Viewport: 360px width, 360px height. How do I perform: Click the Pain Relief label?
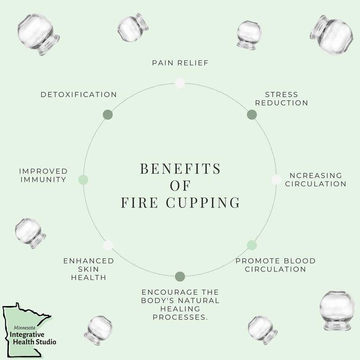[180, 62]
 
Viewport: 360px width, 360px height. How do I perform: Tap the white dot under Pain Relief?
[180, 82]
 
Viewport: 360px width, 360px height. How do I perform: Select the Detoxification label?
[78, 94]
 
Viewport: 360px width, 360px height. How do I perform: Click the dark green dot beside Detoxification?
[108, 114]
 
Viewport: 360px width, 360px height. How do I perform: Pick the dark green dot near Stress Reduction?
[252, 114]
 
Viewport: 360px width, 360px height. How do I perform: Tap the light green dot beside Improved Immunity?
[83, 180]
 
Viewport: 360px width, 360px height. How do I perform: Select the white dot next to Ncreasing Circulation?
[276, 180]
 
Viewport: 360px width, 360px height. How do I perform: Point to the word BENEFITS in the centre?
[180, 170]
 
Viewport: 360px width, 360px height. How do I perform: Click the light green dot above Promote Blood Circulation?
[252, 245]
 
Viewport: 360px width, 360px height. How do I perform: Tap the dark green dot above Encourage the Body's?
[180, 276]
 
